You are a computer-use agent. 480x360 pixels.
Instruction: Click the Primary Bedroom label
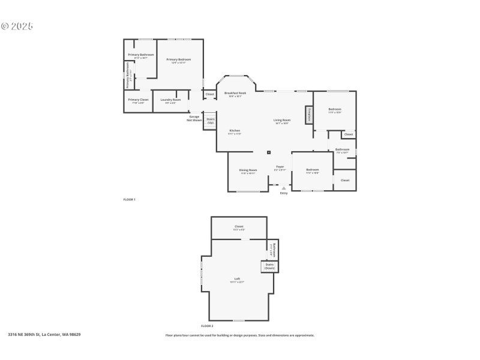point(179,60)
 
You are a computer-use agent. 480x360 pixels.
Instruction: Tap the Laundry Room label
point(170,100)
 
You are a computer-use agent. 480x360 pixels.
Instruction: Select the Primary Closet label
point(138,100)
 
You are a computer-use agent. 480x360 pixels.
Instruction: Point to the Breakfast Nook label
point(235,94)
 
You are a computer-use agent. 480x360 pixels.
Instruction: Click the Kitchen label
point(235,131)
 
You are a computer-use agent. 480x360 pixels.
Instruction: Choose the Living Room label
point(282,121)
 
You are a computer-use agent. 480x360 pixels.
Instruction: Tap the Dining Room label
point(248,171)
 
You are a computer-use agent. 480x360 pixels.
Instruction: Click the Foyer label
point(280,167)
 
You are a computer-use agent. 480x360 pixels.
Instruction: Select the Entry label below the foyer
point(284,193)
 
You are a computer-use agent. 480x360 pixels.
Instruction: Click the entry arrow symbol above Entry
point(284,188)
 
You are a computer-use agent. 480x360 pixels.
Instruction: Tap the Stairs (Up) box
point(211,121)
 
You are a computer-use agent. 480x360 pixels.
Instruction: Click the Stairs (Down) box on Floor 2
point(269,266)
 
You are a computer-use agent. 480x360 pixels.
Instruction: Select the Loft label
point(237,280)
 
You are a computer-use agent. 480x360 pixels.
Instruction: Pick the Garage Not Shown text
point(194,118)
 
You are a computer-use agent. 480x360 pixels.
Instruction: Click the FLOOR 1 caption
point(129,199)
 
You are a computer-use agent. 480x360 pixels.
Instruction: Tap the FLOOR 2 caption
point(207,326)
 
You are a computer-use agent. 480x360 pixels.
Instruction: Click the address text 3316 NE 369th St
point(44,334)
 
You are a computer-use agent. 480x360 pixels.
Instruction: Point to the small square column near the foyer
point(269,152)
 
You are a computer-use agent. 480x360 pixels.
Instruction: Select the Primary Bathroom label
point(140,55)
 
